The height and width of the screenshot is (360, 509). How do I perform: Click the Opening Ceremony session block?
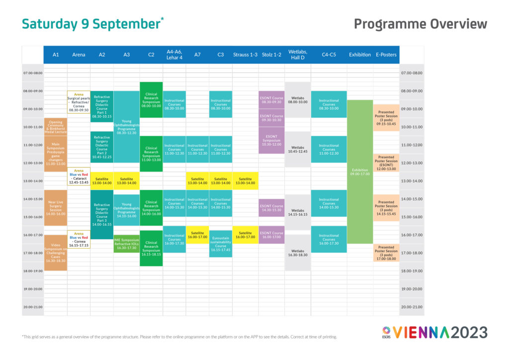[x=56, y=127]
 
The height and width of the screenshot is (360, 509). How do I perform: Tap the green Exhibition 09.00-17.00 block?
[x=361, y=172]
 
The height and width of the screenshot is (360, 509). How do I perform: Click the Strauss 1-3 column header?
[x=245, y=55]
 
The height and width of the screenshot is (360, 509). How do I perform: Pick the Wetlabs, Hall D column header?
[x=298, y=55]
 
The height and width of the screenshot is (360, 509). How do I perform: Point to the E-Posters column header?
[x=386, y=55]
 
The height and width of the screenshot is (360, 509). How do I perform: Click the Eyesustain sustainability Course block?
[x=221, y=243]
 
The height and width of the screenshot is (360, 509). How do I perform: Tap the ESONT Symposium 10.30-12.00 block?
[x=271, y=140]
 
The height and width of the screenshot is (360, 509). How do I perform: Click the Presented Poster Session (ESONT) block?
[x=386, y=163]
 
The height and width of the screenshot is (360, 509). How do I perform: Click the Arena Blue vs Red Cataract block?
[x=79, y=176]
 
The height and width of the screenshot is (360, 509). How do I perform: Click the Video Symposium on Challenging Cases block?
[x=56, y=253]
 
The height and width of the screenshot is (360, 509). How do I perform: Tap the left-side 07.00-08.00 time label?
[x=33, y=73]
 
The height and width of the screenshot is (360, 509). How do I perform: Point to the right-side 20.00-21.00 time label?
[x=412, y=307]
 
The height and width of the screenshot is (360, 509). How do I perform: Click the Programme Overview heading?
[x=420, y=24]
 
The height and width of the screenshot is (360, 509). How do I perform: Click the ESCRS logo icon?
[x=386, y=332]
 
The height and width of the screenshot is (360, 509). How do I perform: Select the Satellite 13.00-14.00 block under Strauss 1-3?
[x=245, y=180]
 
